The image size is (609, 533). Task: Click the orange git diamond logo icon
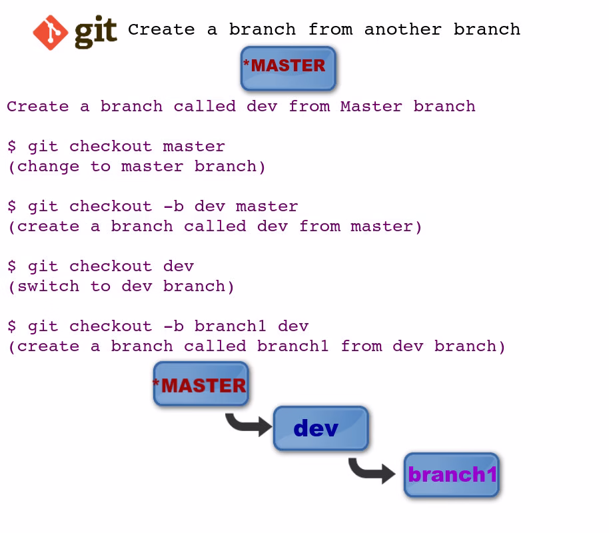[51, 33]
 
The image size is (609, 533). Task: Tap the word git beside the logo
[95, 31]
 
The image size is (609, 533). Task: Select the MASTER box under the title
[288, 68]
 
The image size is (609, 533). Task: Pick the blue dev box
[320, 428]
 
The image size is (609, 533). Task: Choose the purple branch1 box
[452, 475]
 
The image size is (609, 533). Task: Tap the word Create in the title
[161, 29]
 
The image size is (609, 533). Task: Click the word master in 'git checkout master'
[194, 147]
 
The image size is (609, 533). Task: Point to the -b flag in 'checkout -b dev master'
[173, 207]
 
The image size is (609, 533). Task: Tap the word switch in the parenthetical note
[48, 286]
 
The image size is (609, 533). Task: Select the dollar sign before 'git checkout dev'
[12, 266]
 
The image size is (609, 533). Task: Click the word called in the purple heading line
[205, 107]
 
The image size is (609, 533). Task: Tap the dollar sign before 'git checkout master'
[12, 147]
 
